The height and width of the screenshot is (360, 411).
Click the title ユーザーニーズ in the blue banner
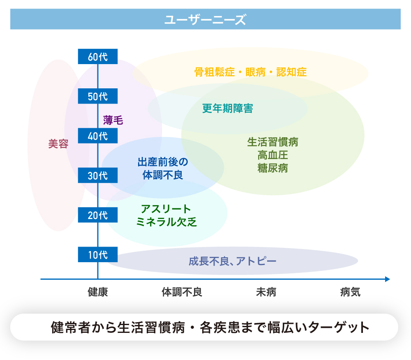[x=205, y=19]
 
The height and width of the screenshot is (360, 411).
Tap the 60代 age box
[x=98, y=57]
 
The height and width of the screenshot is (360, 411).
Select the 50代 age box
[x=98, y=96]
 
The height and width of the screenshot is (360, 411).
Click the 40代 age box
[x=98, y=136]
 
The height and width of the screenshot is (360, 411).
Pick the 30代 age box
[x=98, y=175]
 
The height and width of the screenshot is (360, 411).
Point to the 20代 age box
[x=98, y=215]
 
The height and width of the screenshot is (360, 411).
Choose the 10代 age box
[x=98, y=254]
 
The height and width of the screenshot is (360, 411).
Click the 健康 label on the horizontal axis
[x=98, y=292]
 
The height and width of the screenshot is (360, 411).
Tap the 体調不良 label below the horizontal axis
[x=182, y=292]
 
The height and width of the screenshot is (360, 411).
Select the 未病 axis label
[x=266, y=292]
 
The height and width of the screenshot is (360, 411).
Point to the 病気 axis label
[x=350, y=292]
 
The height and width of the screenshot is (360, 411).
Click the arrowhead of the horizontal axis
[x=387, y=279]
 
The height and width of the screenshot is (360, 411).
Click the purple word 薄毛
[x=113, y=120]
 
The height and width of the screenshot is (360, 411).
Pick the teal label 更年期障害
[x=227, y=108]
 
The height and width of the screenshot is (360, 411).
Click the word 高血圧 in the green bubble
[x=272, y=155]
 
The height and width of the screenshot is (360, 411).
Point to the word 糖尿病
[x=272, y=168]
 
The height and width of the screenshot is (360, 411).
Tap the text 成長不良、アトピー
[x=232, y=261]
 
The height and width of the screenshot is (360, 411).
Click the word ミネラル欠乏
[x=166, y=222]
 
